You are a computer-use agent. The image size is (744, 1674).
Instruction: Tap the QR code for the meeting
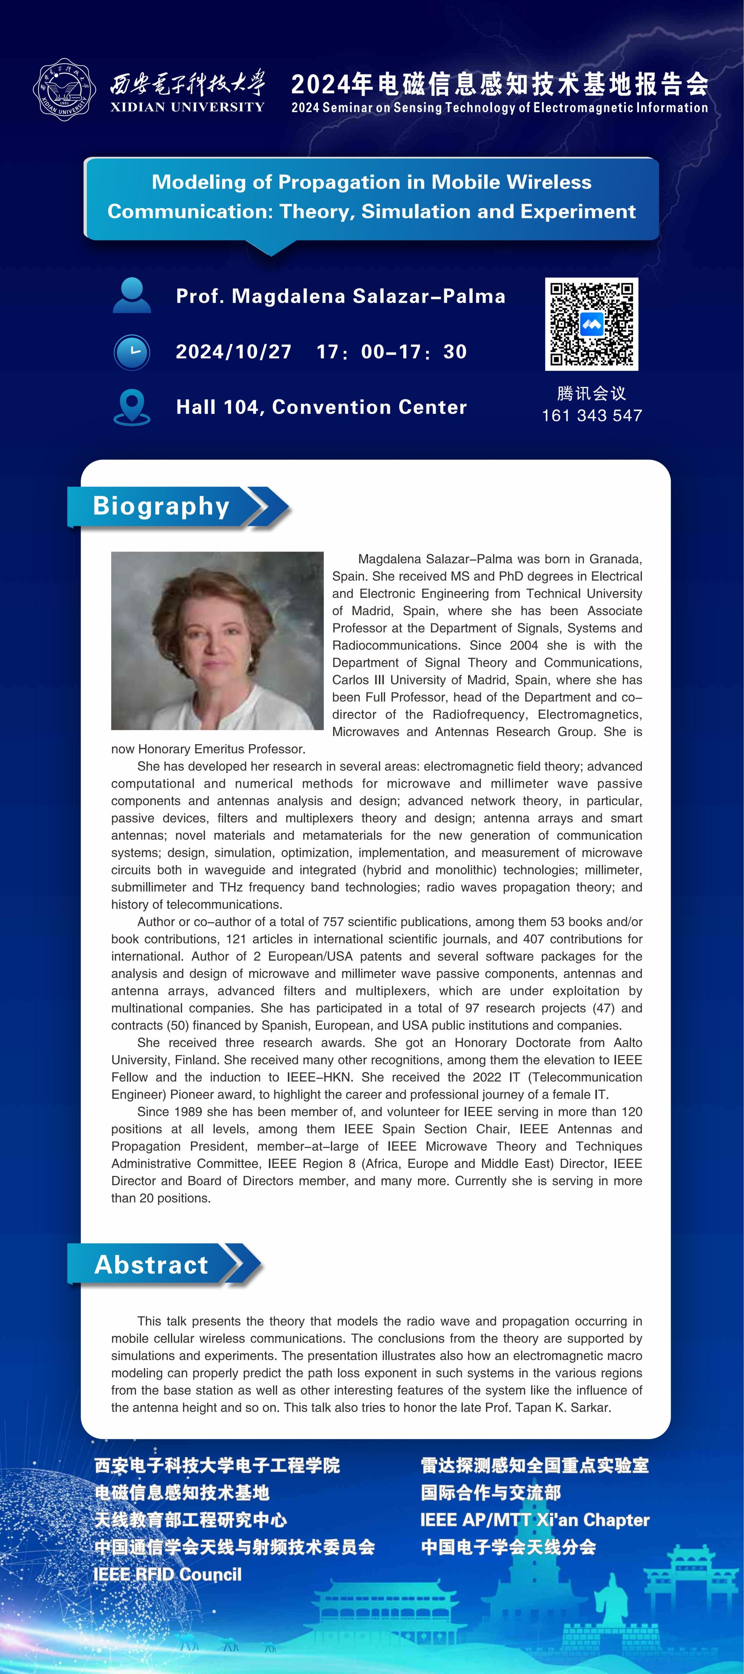tap(591, 324)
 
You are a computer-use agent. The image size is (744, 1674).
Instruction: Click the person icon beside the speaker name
tap(132, 296)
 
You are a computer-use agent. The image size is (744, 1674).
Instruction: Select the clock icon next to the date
tap(132, 352)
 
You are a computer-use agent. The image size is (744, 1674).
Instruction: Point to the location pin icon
tap(132, 407)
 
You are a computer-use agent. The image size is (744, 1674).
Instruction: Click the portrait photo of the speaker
tap(217, 640)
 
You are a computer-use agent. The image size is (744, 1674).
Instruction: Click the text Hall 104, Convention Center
tap(322, 407)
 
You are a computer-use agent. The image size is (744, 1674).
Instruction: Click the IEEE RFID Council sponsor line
tap(167, 1574)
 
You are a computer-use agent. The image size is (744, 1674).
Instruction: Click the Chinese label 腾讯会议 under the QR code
tap(591, 393)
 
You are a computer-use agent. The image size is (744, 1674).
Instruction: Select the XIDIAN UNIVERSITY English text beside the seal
tap(187, 107)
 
